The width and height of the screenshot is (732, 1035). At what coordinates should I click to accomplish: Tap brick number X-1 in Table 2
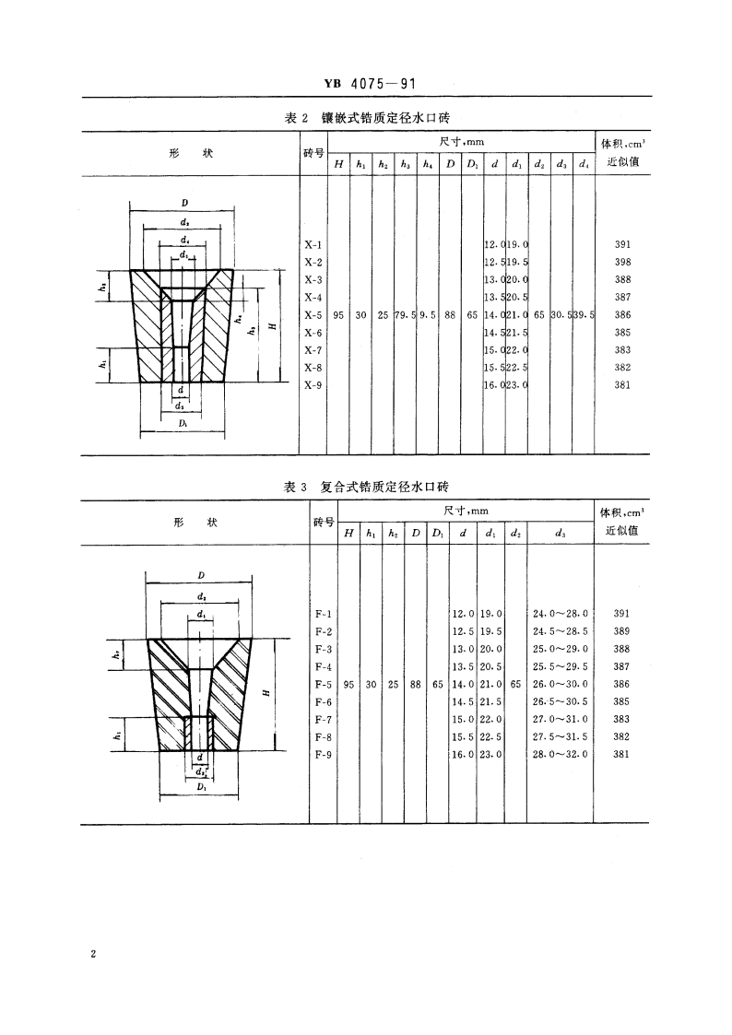coord(313,244)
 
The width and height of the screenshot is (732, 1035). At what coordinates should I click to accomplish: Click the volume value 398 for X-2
coord(621,262)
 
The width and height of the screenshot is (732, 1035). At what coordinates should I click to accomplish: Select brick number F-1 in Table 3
coord(324,613)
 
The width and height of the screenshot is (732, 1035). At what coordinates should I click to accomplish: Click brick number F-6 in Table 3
coord(324,700)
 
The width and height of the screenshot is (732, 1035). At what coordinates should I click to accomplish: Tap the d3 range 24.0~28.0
coord(561,613)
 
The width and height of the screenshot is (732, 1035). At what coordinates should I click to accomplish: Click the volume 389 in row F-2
coord(621,630)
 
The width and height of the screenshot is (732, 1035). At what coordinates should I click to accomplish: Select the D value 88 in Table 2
coord(450,314)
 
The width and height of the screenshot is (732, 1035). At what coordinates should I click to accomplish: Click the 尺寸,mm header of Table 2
coord(462,142)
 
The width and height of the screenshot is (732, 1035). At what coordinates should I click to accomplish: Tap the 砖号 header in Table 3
coord(324,523)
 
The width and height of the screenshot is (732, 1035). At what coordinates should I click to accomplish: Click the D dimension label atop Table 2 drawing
coord(185,203)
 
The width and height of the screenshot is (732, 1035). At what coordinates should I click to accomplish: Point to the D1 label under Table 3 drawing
coord(200,789)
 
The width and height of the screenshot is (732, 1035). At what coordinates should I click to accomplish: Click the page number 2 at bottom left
coord(93,954)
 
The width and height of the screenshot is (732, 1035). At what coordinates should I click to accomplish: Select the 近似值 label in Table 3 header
coord(623,531)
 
